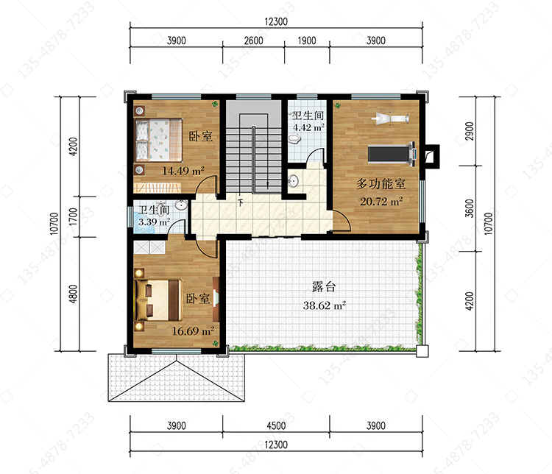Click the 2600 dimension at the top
point(253,41)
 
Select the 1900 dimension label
point(307,41)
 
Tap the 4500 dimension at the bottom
point(276,425)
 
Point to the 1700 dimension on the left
point(73,216)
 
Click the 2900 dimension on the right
point(470,131)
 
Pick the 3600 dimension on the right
point(470,208)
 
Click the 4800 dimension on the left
point(73,294)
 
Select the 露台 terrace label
point(324,286)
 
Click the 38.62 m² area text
point(325,305)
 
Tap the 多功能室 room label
point(381,183)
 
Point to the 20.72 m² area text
point(381,202)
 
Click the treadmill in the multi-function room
point(392,154)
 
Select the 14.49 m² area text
point(183,171)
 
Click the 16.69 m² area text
point(193,331)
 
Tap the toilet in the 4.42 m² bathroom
point(294,139)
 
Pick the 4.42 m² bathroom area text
point(308,127)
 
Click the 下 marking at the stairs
point(241,203)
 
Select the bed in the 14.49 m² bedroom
point(159,140)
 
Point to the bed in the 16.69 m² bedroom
point(159,300)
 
